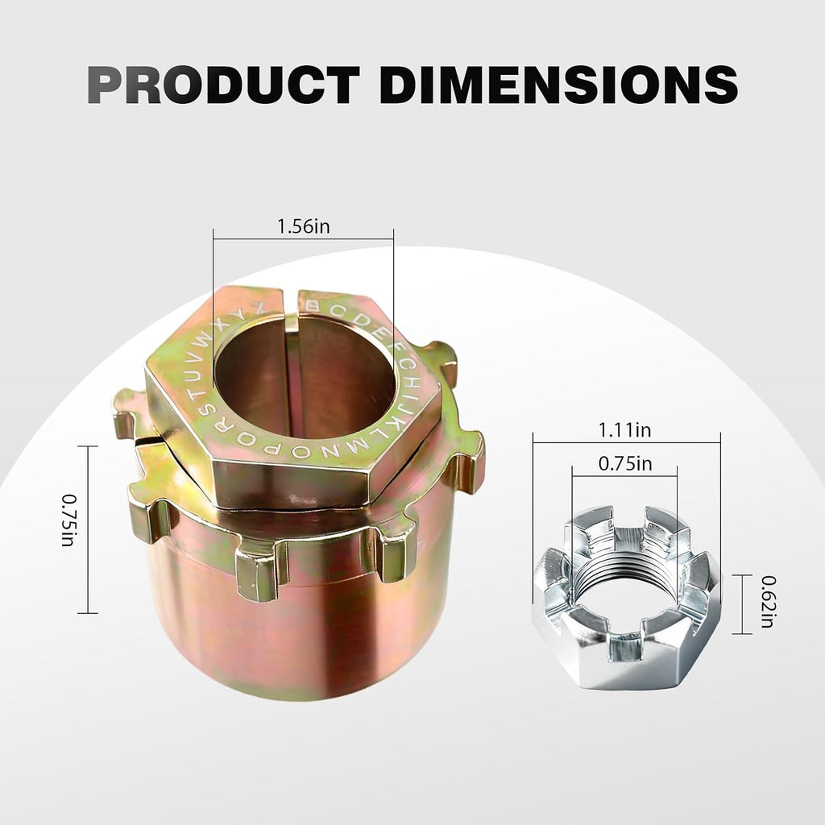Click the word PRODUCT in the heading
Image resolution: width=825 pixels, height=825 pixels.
(x=224, y=84)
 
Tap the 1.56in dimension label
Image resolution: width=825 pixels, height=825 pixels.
(x=304, y=226)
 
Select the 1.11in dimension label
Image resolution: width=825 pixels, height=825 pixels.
(x=624, y=430)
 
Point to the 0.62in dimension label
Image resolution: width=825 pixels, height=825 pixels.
(x=768, y=601)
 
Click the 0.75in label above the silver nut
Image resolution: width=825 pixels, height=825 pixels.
(x=625, y=463)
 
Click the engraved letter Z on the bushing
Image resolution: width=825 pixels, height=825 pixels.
(x=258, y=310)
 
